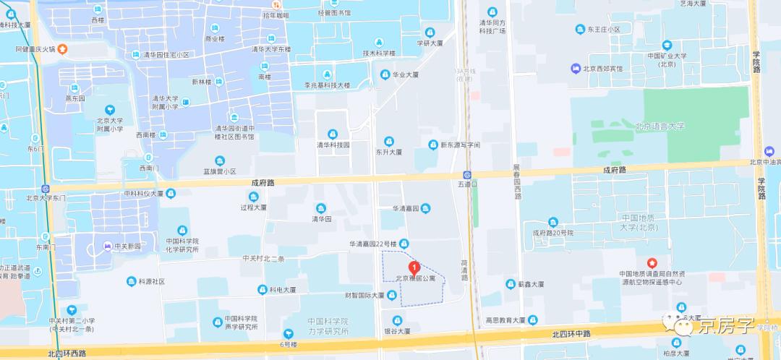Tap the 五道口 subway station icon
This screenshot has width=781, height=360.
point(468,175)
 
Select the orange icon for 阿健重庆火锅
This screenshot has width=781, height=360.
point(63,50)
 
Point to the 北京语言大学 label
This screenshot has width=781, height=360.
point(659,127)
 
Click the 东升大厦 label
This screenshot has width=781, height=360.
point(388,153)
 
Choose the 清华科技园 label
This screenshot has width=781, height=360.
point(333,145)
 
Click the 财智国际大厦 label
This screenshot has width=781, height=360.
point(364,296)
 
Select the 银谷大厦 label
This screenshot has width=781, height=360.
point(396,331)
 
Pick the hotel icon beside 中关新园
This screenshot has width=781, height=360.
point(108,246)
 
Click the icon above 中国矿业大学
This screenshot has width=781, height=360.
point(665,44)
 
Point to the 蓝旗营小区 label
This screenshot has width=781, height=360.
point(220,171)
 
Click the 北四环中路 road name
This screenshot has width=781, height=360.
point(571,334)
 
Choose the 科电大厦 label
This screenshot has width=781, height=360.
point(283,290)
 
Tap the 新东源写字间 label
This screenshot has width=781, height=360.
point(461,145)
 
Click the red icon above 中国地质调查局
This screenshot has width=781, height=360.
point(652,262)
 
